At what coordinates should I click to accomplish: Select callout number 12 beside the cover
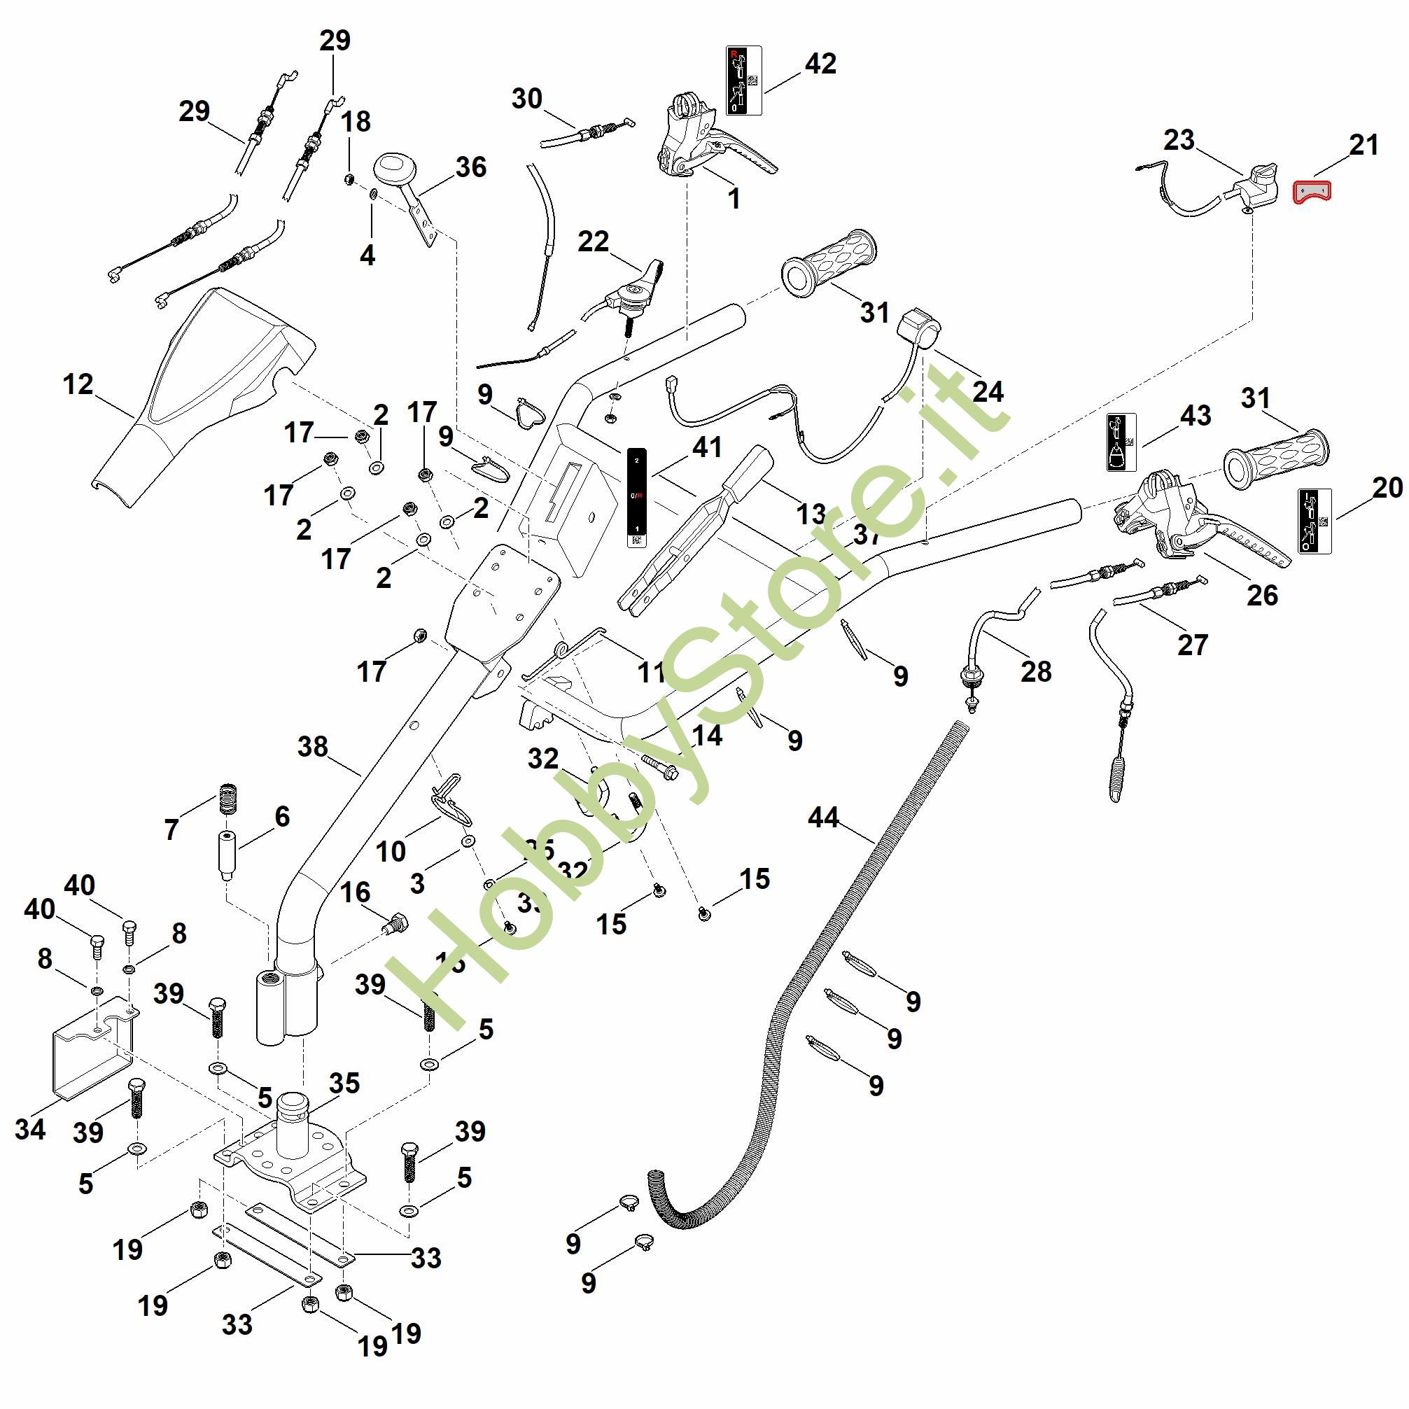pyautogui.click(x=79, y=384)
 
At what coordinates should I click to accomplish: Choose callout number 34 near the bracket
pyautogui.click(x=30, y=1130)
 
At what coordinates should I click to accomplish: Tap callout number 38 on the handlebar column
pyautogui.click(x=313, y=747)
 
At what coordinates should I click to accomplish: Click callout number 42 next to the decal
pyautogui.click(x=820, y=64)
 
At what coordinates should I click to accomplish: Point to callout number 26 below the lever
pyautogui.click(x=1263, y=595)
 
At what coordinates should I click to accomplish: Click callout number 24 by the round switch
pyautogui.click(x=988, y=392)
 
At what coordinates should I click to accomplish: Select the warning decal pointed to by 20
pyautogui.click(x=1315, y=521)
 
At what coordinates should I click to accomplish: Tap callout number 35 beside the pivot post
pyautogui.click(x=344, y=1083)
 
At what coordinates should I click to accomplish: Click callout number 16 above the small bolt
pyautogui.click(x=355, y=892)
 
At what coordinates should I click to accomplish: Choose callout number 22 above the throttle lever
pyautogui.click(x=593, y=241)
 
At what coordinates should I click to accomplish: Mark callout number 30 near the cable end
pyautogui.click(x=526, y=99)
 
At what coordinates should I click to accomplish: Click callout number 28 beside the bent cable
pyautogui.click(x=1036, y=671)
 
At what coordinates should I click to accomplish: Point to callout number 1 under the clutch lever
pyautogui.click(x=734, y=198)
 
